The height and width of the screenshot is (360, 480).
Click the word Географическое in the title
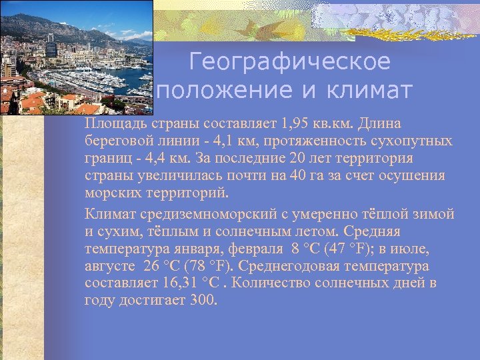coord(289,62)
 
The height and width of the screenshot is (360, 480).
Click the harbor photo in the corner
coord(76,57)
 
